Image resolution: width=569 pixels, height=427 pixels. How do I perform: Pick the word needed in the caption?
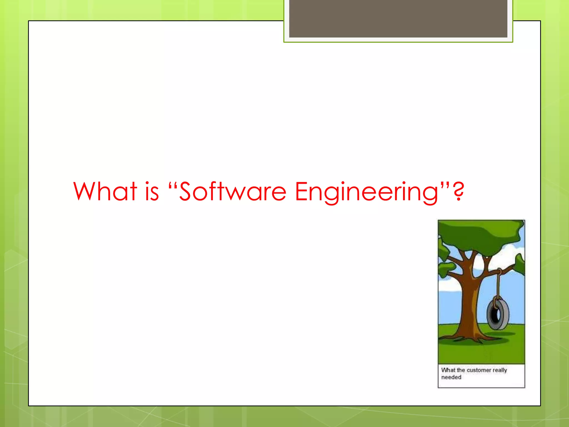click(x=451, y=378)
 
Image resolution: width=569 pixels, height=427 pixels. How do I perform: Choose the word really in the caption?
click(x=500, y=370)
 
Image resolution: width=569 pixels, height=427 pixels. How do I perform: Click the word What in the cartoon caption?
click(x=448, y=370)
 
